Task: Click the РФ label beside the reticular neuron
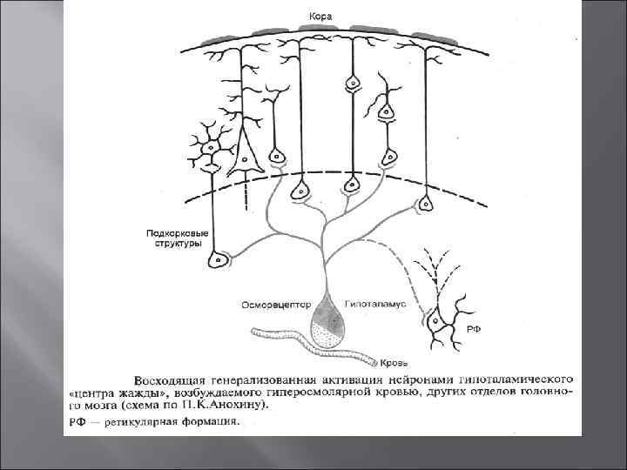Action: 475,329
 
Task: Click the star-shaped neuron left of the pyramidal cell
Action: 210,150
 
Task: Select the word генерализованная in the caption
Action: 264,380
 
